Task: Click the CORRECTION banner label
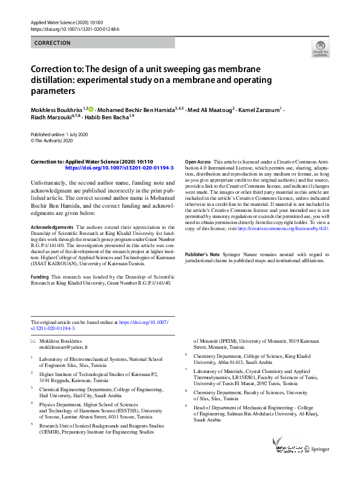tap(53, 43)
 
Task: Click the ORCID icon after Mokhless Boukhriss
tap(92, 109)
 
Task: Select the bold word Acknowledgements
tap(52, 227)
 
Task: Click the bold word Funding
tap(40, 276)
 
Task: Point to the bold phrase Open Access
tap(198, 162)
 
